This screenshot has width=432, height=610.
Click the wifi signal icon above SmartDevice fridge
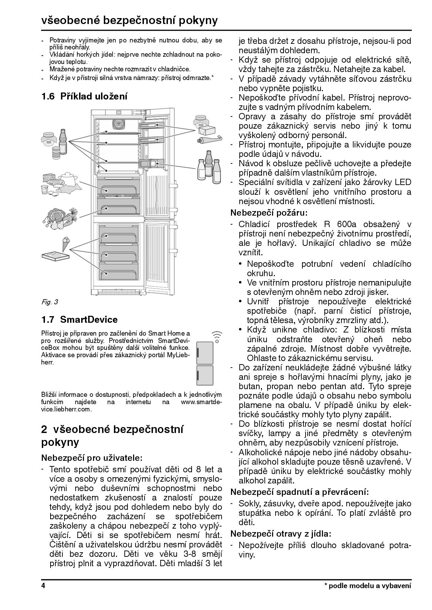217,336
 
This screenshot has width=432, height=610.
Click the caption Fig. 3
49,302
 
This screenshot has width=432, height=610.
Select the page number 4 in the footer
43,585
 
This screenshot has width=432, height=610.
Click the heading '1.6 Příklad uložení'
84,96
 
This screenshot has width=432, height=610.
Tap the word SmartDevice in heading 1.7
89,319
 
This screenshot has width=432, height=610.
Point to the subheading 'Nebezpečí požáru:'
269,212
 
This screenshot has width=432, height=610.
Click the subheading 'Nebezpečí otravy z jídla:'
280,533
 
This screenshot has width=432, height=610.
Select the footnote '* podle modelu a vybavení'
368,586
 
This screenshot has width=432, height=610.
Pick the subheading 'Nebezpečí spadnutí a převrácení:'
299,492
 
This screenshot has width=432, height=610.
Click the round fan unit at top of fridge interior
118,123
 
